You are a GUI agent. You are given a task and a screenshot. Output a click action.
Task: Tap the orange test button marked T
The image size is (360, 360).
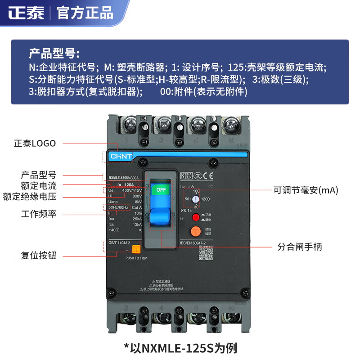point(195,231)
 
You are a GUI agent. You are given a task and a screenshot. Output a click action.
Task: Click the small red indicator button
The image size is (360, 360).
point(196,217)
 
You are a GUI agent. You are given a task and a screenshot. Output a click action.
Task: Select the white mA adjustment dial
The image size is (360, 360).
point(196,198)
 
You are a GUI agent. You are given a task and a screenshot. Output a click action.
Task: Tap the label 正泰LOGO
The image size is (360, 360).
point(35,144)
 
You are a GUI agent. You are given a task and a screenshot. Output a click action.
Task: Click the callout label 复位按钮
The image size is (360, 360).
point(39,256)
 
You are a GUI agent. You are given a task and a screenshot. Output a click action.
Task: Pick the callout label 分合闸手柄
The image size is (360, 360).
point(299,247)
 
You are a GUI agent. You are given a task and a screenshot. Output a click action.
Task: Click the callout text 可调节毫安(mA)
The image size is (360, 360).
point(306,190)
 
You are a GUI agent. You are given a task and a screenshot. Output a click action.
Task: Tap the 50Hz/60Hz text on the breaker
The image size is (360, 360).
point(118,207)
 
